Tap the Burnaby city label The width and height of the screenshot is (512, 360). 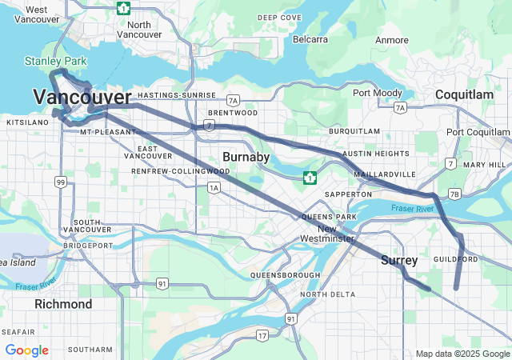pos(246,157)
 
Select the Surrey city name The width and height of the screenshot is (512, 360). pos(399,260)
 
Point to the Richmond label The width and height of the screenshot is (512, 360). pos(63,304)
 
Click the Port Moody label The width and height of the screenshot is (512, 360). pos(378,93)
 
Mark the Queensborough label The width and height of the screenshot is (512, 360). pos(285,275)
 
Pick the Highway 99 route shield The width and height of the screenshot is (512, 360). pos(61,182)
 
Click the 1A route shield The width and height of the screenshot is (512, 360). pos(213,188)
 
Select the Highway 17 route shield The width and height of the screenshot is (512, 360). pos(262,335)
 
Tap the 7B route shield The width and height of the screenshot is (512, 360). pos(454,194)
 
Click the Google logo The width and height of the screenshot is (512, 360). pos(26,350)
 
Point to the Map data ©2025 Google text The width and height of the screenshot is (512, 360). pos(462,354)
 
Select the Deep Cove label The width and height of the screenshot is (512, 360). pos(279,17)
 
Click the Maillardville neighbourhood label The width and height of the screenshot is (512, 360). pos(390,174)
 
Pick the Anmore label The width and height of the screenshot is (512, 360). pos(391,39)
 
